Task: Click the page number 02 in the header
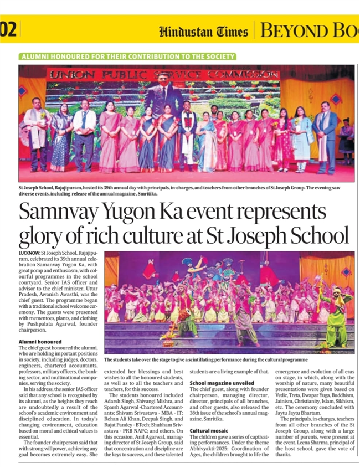click(x=9, y=29)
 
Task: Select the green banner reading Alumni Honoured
click(x=128, y=56)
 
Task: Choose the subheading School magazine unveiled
click(x=222, y=383)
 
